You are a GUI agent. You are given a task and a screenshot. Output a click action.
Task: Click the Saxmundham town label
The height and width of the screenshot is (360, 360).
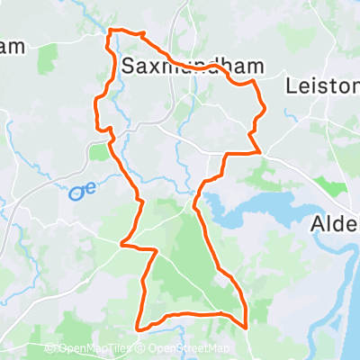coord(188,66)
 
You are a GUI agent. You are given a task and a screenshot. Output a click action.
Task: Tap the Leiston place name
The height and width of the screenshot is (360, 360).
coord(321,86)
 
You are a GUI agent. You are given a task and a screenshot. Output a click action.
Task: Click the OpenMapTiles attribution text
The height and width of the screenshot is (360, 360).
coord(95,348)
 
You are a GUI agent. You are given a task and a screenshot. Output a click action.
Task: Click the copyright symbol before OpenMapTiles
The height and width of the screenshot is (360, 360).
coord(53,348)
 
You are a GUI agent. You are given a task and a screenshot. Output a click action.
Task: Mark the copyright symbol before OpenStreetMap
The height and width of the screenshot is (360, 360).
coord(141,348)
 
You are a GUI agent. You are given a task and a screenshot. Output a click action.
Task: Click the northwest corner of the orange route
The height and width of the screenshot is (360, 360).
coord(110,31)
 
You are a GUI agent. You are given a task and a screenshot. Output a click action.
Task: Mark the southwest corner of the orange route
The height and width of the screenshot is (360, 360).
coord(137,326)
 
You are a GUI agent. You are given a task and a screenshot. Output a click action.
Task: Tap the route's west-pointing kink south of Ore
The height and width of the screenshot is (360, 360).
coord(123,243)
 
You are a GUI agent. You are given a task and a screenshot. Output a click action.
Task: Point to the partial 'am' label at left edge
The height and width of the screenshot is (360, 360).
coord(11,47)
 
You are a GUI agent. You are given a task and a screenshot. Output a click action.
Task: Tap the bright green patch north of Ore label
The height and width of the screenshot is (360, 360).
coord(96,152)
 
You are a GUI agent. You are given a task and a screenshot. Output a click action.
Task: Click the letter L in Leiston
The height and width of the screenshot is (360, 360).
coord(291,86)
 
